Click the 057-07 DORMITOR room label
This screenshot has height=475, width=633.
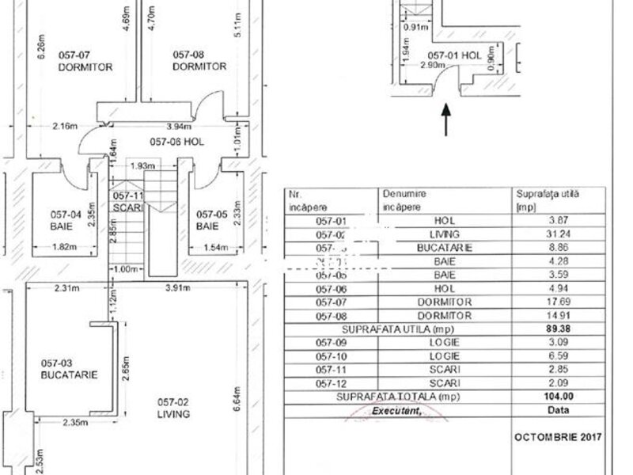[85, 61]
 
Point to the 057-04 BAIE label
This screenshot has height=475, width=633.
[66, 218]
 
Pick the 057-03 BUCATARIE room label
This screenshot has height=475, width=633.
[69, 369]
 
